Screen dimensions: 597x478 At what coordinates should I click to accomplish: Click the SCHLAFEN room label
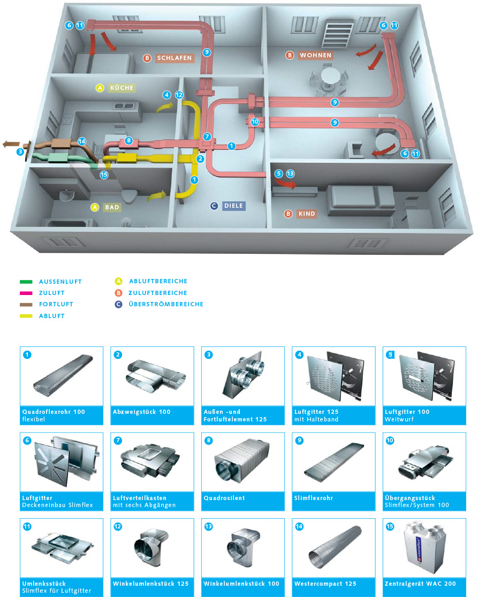pyautogui.click(x=174, y=58)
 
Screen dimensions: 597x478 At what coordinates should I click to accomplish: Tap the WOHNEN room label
pyautogui.click(x=316, y=55)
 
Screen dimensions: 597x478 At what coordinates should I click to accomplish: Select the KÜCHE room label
pyautogui.click(x=122, y=88)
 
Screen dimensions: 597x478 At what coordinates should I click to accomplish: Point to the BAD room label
pyautogui.click(x=112, y=207)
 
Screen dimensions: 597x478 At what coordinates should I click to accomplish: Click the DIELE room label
pyautogui.click(x=234, y=206)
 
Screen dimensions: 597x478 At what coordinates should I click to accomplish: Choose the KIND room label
pyautogui.click(x=308, y=214)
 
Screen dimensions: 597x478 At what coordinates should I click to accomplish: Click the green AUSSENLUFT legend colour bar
pyautogui.click(x=26, y=282)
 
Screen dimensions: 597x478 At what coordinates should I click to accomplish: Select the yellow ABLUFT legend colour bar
pyautogui.click(x=26, y=316)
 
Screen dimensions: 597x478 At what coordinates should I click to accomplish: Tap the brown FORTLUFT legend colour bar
pyautogui.click(x=26, y=304)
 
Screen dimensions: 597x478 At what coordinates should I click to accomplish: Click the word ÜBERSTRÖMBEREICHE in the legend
pyautogui.click(x=165, y=304)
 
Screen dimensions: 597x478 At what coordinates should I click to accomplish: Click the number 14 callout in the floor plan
pyautogui.click(x=82, y=141)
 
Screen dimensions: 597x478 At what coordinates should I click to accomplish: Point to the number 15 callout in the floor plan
pyautogui.click(x=104, y=174)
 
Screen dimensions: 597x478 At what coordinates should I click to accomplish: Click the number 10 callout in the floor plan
pyautogui.click(x=255, y=122)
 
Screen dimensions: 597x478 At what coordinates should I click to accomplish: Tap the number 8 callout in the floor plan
pyautogui.click(x=128, y=141)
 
